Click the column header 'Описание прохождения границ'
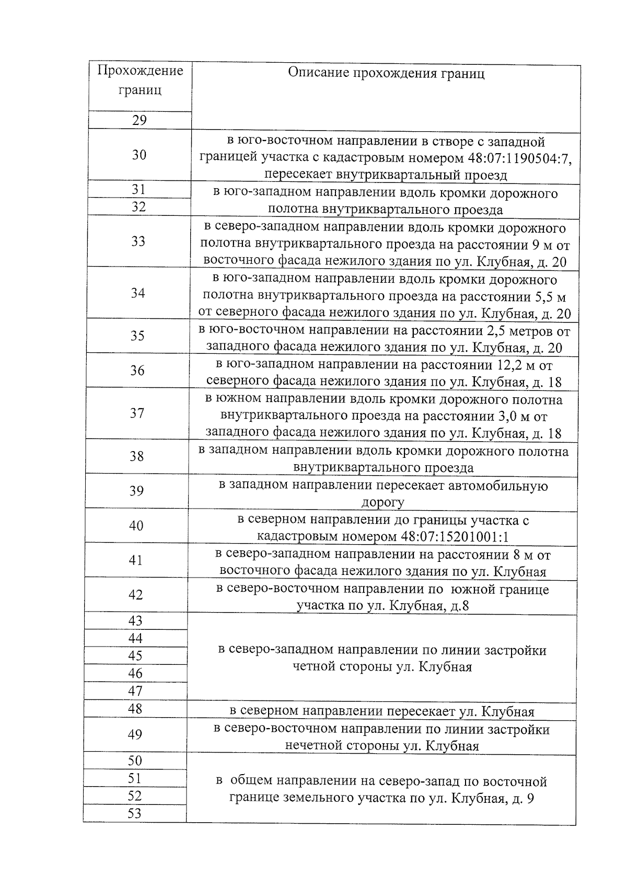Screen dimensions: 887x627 pyautogui.click(x=386, y=73)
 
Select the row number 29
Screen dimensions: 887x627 pyautogui.click(x=139, y=120)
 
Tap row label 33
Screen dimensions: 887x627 pyautogui.click(x=138, y=241)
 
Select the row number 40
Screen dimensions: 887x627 pyautogui.click(x=136, y=525)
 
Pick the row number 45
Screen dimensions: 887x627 pyautogui.click(x=135, y=655)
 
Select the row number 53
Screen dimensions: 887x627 pyautogui.click(x=134, y=813)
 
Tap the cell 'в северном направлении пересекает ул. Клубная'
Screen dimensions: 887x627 pyautogui.click(x=382, y=711)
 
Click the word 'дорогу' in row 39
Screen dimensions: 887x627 pyautogui.click(x=383, y=503)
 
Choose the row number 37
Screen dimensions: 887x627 pyautogui.click(x=137, y=413)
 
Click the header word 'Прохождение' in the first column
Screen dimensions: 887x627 pyautogui.click(x=140, y=71)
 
